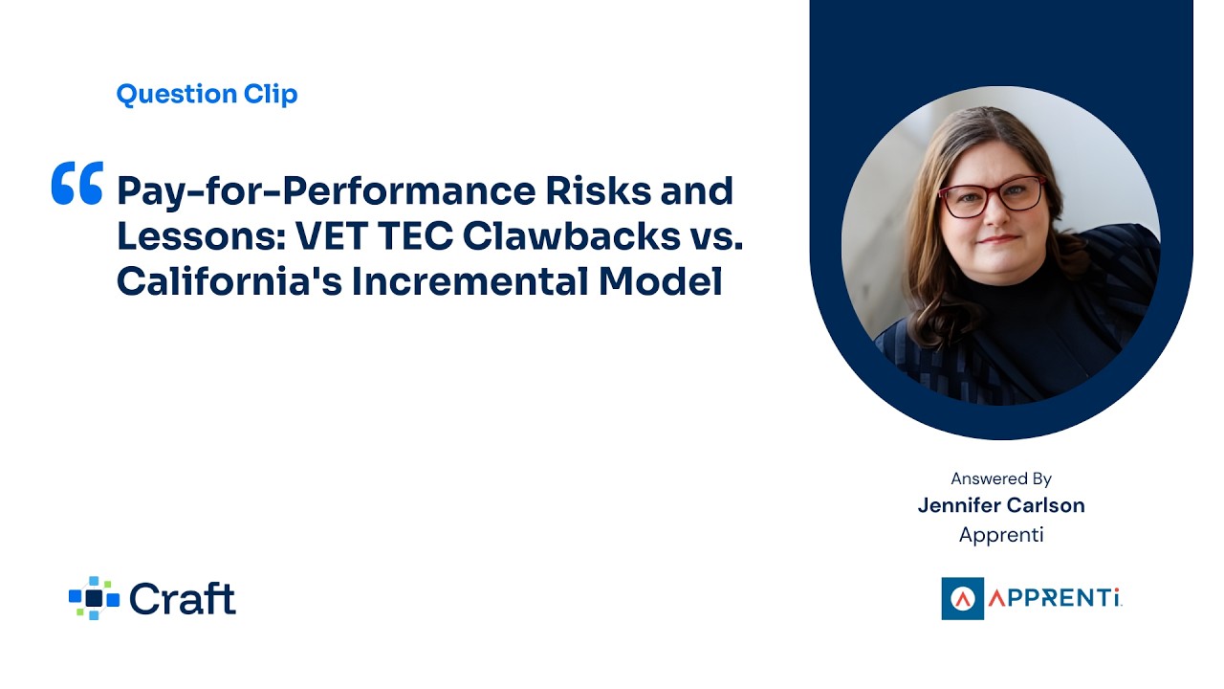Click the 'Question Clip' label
tap(207, 94)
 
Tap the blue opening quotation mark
tap(76, 184)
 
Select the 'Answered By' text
tap(1001, 478)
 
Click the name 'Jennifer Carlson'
tap(1001, 505)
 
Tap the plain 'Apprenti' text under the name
tap(1001, 535)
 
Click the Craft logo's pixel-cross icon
tap(94, 598)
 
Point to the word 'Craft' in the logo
tap(182, 598)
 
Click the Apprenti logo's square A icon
tap(962, 598)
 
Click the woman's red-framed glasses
tap(992, 196)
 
